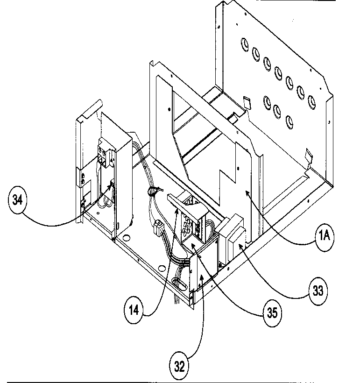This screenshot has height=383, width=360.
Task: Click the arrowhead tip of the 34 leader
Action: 113,184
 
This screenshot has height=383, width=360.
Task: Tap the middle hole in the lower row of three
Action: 277,110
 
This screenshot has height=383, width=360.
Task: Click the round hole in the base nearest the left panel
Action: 125,237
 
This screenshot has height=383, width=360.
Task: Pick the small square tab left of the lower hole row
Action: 247,101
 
